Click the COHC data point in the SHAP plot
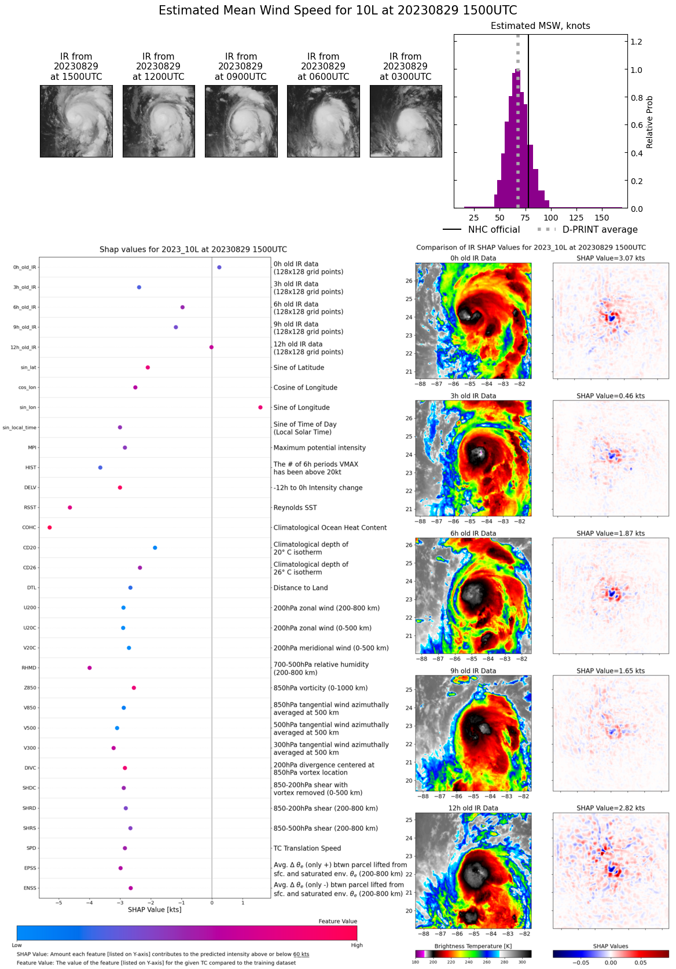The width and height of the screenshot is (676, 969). [x=50, y=527]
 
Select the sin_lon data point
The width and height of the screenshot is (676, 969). [x=260, y=408]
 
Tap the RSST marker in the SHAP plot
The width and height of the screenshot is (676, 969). [x=70, y=508]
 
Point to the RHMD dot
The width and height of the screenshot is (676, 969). [x=90, y=668]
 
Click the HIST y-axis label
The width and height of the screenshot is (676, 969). [x=31, y=468]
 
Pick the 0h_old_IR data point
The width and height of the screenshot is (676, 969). [x=219, y=267]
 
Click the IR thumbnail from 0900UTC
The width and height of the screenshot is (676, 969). [x=241, y=121]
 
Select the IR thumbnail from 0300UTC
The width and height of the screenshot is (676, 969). [x=406, y=121]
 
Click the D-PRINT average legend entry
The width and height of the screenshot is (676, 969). [x=600, y=230]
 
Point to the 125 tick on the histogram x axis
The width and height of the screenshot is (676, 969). [x=576, y=218]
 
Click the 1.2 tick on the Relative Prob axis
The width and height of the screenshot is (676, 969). [x=636, y=42]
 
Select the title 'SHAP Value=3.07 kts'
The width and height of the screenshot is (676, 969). [x=611, y=258]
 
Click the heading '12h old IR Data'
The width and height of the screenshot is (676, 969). [x=473, y=808]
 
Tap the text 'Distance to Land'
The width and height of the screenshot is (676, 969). [x=300, y=588]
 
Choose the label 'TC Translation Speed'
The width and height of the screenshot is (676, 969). [x=307, y=849]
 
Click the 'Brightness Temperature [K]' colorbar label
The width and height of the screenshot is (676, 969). [x=473, y=946]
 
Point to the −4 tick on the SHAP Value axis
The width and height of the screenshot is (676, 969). [x=89, y=902]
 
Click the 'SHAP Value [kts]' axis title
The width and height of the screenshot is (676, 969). [x=155, y=909]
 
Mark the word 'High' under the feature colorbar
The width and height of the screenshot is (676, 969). [x=357, y=945]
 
